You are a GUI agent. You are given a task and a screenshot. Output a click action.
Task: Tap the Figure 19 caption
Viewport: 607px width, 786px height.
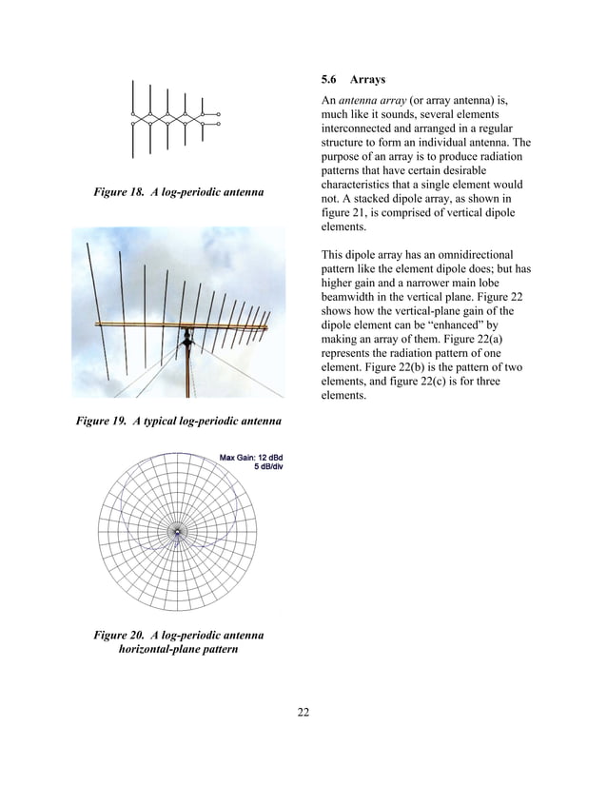pyautogui.click(x=178, y=420)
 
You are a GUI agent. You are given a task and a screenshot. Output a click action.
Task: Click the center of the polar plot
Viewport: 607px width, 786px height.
pyautogui.click(x=177, y=530)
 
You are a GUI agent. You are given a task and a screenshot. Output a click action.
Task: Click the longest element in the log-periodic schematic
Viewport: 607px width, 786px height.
pyautogui.click(x=134, y=118)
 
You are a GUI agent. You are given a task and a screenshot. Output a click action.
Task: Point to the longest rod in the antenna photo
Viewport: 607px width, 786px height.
pyautogui.click(x=95, y=285)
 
